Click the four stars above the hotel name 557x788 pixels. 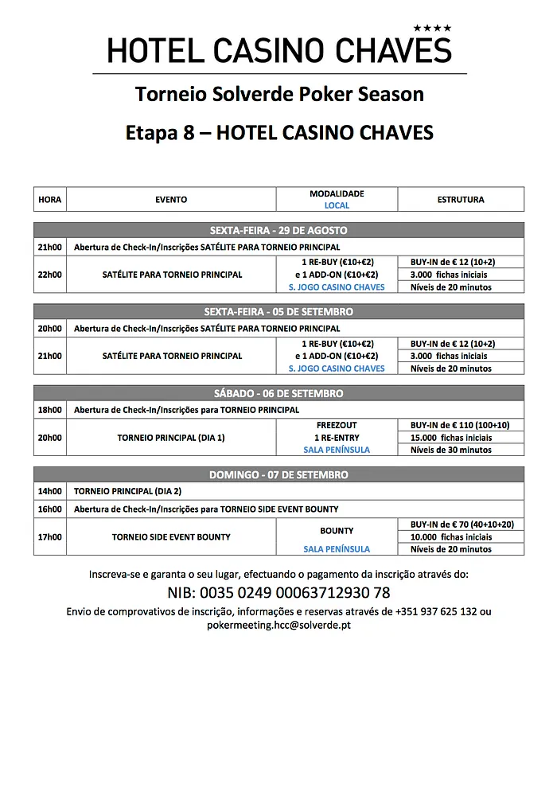(x=436, y=29)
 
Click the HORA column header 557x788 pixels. (x=50, y=199)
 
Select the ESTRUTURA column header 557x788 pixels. (x=461, y=199)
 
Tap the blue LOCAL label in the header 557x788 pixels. (x=337, y=205)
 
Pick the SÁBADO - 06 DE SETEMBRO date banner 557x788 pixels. (x=278, y=393)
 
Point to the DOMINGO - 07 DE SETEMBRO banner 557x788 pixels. (x=278, y=474)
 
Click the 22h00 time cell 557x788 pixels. (x=50, y=275)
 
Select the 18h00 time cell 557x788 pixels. (x=50, y=410)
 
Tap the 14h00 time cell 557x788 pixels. (x=50, y=491)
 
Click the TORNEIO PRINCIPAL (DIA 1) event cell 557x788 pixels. (x=171, y=438)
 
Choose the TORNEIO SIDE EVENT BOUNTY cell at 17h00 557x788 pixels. (x=171, y=536)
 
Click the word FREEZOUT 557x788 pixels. (x=337, y=425)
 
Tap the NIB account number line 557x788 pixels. (x=278, y=593)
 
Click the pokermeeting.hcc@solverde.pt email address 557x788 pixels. (x=278, y=625)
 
